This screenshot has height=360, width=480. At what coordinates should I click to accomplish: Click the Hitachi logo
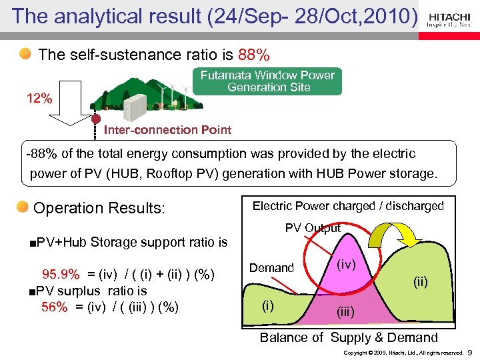click(x=449, y=19)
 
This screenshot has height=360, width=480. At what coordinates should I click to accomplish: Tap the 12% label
click(x=39, y=99)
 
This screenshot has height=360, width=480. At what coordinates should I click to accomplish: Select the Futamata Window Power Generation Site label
click(x=268, y=81)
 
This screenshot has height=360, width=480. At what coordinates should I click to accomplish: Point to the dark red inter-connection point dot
click(x=96, y=119)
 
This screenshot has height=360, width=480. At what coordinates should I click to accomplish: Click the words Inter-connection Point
click(x=167, y=130)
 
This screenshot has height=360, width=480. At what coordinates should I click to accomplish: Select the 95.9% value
click(x=61, y=275)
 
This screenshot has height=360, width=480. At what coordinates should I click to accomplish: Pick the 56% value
click(x=54, y=307)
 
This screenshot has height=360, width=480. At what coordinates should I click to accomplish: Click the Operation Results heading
click(x=99, y=208)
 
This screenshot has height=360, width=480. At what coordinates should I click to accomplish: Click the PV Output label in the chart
click(x=313, y=228)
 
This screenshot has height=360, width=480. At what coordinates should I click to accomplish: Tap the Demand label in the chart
click(x=271, y=268)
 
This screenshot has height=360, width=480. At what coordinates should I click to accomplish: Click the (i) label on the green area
click(x=267, y=305)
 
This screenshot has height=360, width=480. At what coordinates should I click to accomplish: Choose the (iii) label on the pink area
click(x=345, y=311)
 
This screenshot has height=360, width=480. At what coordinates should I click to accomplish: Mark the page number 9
click(x=470, y=351)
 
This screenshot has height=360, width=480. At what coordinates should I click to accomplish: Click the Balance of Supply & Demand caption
click(x=349, y=337)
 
